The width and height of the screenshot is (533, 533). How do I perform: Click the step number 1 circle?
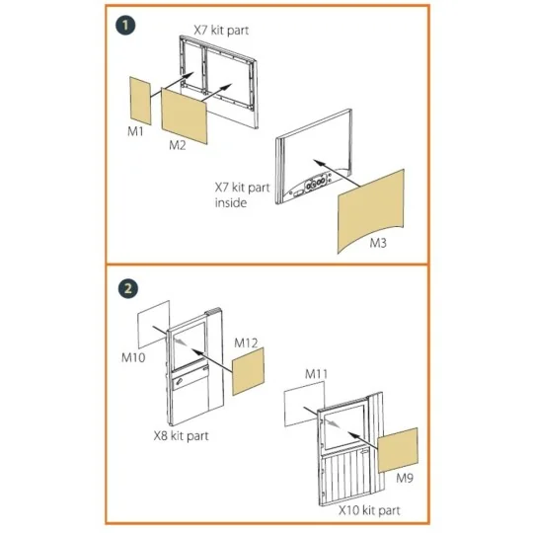point(125,26)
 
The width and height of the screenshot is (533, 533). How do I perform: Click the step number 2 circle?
point(128,289)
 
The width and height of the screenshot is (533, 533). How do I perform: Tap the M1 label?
point(135,131)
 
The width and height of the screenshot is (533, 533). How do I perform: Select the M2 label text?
point(178,145)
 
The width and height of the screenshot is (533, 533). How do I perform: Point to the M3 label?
point(378,243)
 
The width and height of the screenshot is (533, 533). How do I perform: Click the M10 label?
point(133,357)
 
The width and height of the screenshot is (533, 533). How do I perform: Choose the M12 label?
point(246,343)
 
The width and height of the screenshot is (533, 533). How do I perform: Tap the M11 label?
point(316,374)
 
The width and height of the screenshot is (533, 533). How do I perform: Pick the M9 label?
point(405,479)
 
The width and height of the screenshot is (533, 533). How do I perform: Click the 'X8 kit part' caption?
point(181,436)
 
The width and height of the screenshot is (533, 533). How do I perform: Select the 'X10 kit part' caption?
point(369,510)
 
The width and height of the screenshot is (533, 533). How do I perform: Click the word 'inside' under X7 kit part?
point(230,202)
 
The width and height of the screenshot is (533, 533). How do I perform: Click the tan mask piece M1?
point(140,101)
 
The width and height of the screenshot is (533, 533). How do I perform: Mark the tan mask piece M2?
point(184,115)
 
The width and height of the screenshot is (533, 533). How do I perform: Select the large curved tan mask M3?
point(370,211)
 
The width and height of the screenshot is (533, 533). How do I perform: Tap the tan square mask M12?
point(248,371)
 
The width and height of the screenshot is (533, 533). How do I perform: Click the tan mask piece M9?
point(398,450)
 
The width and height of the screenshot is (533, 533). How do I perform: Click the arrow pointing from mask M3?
point(337,173)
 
